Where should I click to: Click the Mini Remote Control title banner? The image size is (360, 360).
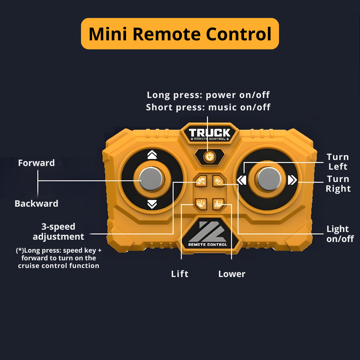coord(180,34)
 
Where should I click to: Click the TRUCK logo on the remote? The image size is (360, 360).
coord(210,133)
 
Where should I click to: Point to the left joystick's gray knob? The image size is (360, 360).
coord(151,179)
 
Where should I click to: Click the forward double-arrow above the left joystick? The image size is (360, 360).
coord(152,154)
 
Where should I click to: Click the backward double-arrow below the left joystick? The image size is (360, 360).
coord(152,204)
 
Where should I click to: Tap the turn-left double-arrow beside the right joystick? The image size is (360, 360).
coord(242,180)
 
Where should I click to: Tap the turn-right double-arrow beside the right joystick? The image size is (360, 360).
coord(292,180)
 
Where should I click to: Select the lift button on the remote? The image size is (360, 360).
coord(200,203)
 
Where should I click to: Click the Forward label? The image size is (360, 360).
coord(36,163)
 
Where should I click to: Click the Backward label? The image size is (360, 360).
coord(36,204)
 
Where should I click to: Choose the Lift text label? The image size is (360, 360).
coord(180,274)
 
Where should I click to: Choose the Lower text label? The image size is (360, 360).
coord(232,274)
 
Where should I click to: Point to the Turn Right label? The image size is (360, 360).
coord(338,184)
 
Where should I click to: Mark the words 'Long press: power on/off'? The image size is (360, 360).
coord(208,95)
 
